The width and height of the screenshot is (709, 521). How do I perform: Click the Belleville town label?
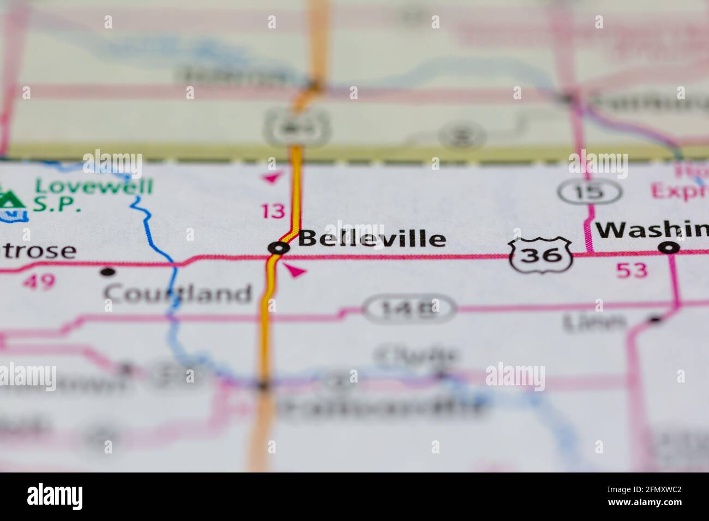pos(372,239)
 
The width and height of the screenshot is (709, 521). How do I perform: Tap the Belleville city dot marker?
pos(279,249)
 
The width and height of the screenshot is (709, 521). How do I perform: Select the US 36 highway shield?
pos(540,254)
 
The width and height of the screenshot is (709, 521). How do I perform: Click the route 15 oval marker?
pos(590,191)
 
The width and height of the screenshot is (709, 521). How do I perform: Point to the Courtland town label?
pos(178,294)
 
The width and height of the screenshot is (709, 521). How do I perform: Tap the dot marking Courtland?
pos(109,271)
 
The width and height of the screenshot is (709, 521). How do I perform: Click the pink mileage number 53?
pos(632,270)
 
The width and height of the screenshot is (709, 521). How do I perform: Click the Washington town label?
pos(652,231)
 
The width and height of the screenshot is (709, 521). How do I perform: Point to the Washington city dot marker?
pos(669,249)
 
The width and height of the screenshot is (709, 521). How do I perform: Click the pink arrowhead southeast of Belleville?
pos(295,270)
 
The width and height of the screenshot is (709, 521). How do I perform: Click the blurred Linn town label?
pos(594,323)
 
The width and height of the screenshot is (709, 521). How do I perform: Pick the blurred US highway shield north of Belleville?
pos(295,127)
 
